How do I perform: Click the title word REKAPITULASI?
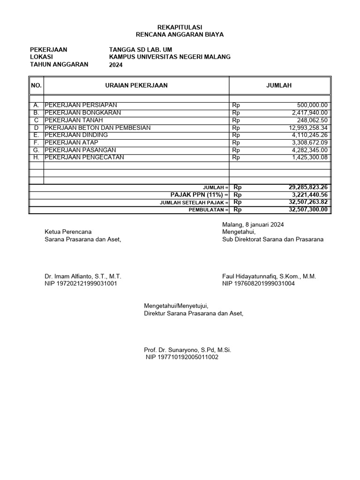click(x=180, y=27)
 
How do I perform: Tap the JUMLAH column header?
click(x=279, y=85)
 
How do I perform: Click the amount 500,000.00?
click(x=312, y=105)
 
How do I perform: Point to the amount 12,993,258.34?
click(x=308, y=128)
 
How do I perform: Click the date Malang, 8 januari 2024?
click(x=253, y=225)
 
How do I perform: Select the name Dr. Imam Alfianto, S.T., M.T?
click(x=83, y=277)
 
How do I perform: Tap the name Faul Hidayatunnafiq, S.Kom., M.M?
click(x=269, y=277)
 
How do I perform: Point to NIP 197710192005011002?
click(x=182, y=357)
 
